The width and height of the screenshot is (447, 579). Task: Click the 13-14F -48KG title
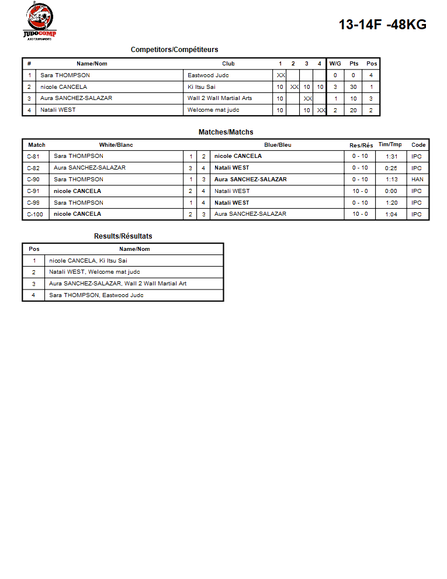[x=382, y=25]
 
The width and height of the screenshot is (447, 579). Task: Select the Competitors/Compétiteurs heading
[x=174, y=50]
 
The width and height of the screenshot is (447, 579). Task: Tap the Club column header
[x=228, y=64]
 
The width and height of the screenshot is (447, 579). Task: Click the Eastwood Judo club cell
[x=208, y=75]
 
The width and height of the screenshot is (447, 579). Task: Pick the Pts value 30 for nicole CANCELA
[x=353, y=87]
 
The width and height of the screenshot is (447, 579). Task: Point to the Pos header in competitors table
[x=372, y=64]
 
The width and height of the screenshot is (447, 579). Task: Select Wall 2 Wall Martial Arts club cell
[x=220, y=98]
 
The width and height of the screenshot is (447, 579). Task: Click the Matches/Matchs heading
[x=226, y=132]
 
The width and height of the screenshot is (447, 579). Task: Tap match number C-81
[x=33, y=156]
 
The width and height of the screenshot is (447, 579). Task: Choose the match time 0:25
[x=391, y=168]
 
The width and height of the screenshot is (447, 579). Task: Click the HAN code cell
[x=417, y=180]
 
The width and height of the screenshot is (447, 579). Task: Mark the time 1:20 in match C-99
[x=391, y=203]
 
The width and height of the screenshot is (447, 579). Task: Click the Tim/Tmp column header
[x=390, y=144]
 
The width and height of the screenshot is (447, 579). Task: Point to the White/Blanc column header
[x=116, y=145]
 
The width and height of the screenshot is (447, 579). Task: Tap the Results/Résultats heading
[x=123, y=236]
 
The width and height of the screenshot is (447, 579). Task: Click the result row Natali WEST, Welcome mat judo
[x=94, y=272]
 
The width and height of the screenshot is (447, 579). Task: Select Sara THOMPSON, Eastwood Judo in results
[x=96, y=295]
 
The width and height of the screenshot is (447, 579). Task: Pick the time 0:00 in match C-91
[x=391, y=191]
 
